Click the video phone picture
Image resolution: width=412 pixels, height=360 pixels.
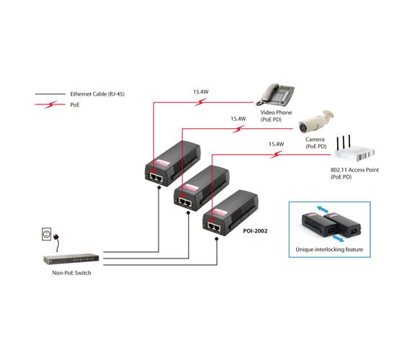[275, 94]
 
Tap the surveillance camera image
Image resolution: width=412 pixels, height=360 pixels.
[316, 121]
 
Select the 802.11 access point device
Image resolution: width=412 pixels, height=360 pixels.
[354, 150]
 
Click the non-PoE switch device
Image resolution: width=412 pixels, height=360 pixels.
[71, 258]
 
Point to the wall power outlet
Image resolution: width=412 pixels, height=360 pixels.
[47, 234]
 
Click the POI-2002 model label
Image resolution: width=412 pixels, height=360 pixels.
[255, 231]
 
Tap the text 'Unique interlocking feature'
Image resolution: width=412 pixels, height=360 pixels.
[329, 249]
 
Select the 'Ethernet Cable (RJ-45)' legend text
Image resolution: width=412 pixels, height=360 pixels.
[97, 94]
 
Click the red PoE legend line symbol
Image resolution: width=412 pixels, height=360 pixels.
[50, 104]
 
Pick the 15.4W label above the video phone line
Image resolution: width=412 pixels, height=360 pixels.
[201, 92]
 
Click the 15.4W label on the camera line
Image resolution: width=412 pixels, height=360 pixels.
[238, 119]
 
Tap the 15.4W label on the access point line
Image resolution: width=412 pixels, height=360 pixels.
[276, 144]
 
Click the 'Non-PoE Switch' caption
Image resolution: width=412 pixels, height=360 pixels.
[72, 273]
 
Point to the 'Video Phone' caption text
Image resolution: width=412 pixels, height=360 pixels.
[276, 112]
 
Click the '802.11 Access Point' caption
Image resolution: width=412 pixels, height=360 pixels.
[354, 170]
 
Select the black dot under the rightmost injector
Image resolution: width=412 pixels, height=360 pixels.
[217, 239]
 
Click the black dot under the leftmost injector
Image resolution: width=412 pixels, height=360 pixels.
[158, 187]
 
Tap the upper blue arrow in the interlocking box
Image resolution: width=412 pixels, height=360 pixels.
[323, 209]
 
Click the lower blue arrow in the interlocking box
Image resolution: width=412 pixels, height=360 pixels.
[338, 238]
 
